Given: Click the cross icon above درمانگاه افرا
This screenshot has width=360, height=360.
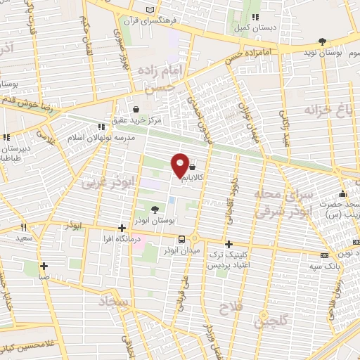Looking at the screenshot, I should (x=122, y=228).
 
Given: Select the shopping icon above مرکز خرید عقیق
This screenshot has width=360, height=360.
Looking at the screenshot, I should (x=136, y=109).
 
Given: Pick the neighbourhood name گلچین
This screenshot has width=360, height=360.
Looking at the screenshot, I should (x=267, y=321).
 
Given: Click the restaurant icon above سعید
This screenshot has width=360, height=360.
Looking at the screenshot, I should (x=23, y=227).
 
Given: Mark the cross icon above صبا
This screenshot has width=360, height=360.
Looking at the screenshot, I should (x=44, y=266).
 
